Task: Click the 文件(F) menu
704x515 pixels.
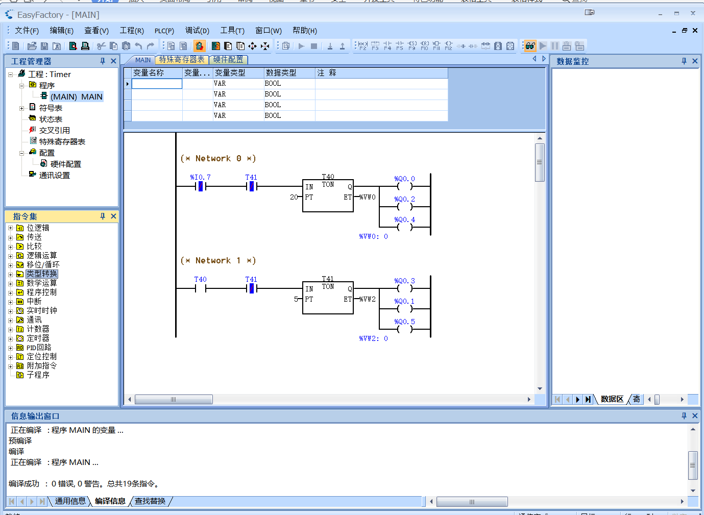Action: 27,31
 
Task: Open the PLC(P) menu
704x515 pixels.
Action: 164,31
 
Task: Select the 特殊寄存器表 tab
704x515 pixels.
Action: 181,60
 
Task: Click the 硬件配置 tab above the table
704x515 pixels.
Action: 228,60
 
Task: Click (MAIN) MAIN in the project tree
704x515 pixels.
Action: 76,96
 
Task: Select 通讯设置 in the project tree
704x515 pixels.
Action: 54,175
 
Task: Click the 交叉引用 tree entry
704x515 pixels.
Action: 54,130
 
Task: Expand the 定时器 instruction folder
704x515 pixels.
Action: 11,338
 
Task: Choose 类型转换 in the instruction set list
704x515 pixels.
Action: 42,274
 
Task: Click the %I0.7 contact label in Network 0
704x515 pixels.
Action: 200,177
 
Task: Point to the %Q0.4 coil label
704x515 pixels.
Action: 404,219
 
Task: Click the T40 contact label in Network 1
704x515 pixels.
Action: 200,279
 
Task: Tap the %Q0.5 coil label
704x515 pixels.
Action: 404,322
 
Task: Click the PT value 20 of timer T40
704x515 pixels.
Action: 294,197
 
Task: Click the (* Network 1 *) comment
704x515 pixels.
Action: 218,260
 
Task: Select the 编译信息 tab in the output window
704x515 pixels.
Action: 110,501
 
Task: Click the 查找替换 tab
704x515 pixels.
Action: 150,501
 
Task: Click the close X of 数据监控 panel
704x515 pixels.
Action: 695,61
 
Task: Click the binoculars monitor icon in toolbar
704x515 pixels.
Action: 530,46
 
